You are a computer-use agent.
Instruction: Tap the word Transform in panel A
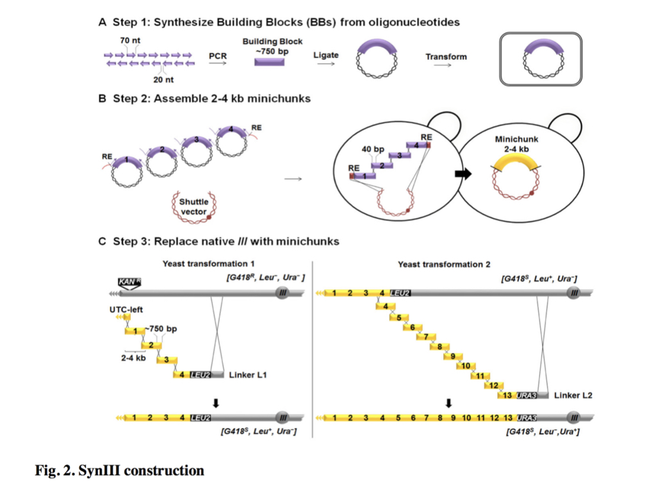446,56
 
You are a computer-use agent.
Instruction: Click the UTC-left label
124,309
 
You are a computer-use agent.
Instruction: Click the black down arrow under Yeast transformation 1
216,403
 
